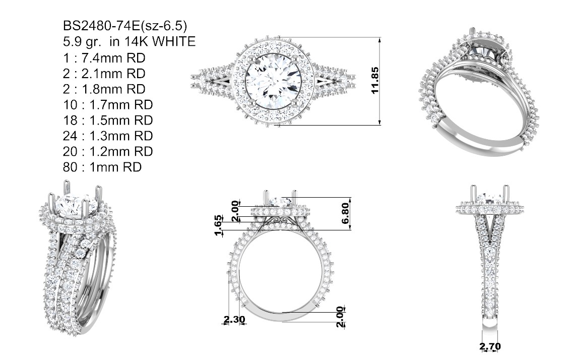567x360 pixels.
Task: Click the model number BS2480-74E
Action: click(x=101, y=26)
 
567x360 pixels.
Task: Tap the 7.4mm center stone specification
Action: click(x=104, y=57)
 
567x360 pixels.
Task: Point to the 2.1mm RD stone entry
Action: click(x=104, y=74)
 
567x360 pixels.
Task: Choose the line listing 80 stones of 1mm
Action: click(x=102, y=167)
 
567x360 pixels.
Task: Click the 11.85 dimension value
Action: click(x=374, y=80)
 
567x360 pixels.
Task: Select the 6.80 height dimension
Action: click(x=345, y=213)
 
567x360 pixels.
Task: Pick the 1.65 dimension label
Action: click(x=218, y=225)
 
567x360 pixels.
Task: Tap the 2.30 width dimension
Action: click(x=234, y=320)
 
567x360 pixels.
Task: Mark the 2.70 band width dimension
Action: click(x=490, y=346)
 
